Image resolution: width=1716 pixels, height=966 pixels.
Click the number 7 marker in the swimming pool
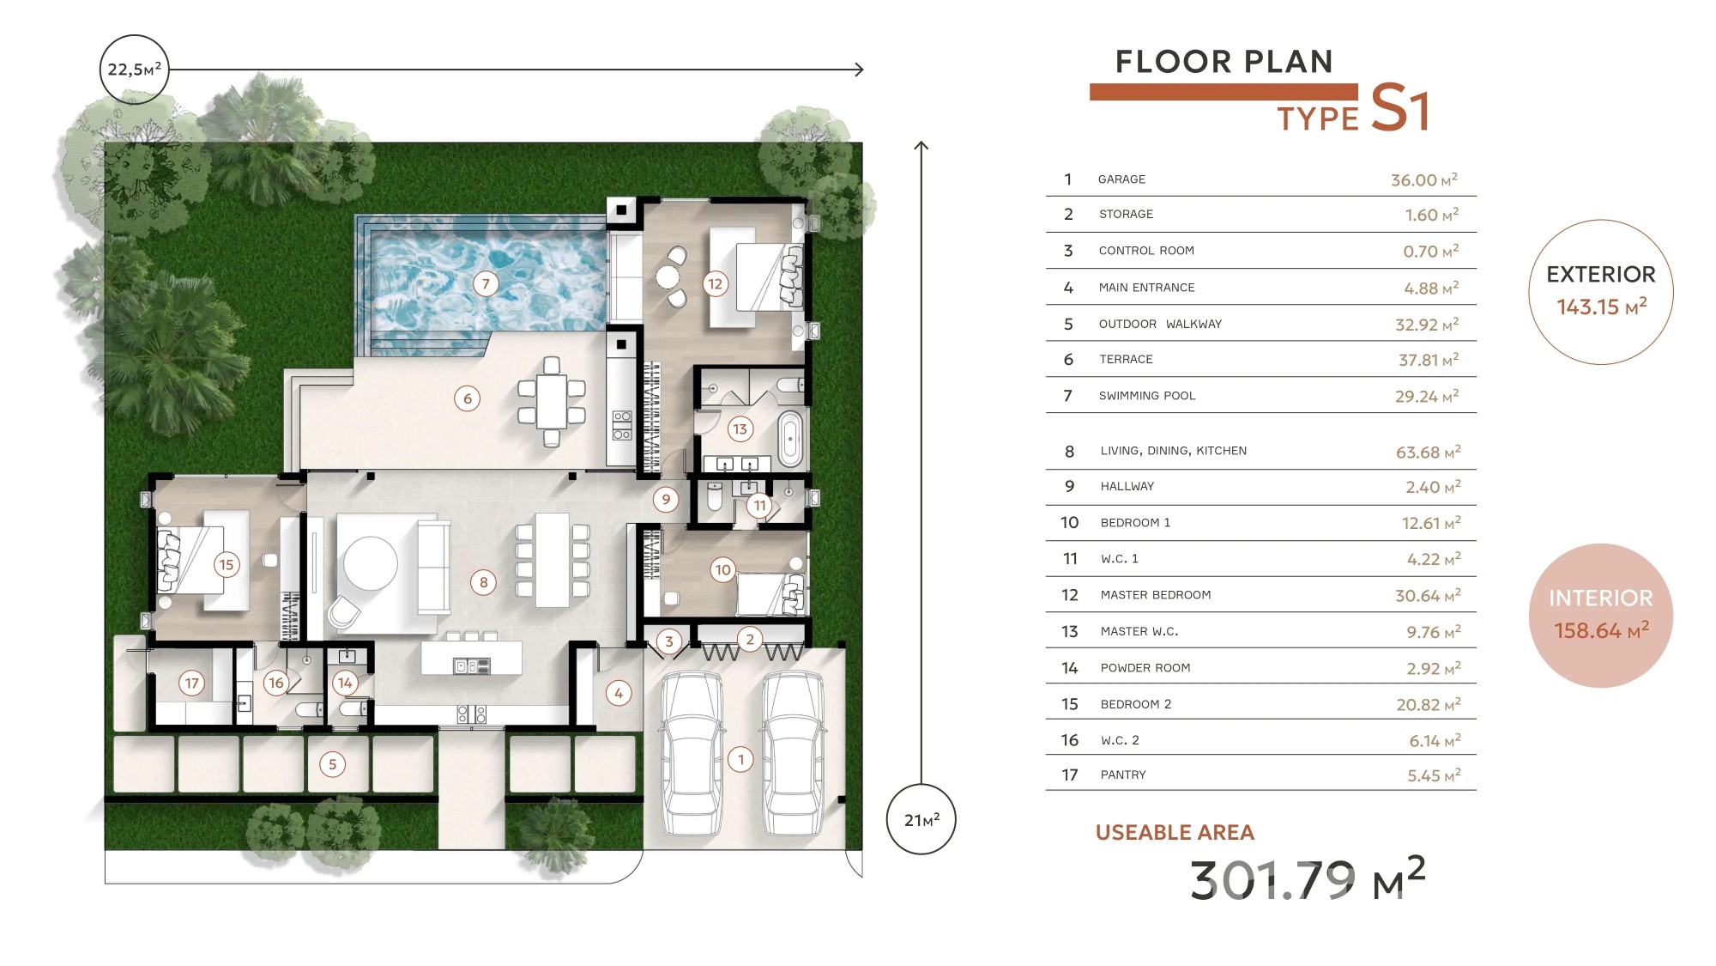coord(486,283)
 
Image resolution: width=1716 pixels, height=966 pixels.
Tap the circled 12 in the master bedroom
coord(715,283)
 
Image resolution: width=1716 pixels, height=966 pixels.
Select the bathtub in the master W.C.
coord(790,438)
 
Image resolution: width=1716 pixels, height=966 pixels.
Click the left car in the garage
coord(691,753)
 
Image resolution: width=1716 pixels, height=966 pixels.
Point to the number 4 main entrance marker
coord(619,693)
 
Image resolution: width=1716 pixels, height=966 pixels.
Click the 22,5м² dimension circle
coord(135,70)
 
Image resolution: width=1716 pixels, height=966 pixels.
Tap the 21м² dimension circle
coord(921,819)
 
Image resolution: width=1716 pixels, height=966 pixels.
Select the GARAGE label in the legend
coord(1121,179)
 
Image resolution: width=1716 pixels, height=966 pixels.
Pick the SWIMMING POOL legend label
coord(1147,396)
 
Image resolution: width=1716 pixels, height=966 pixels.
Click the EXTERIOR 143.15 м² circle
coord(1601,292)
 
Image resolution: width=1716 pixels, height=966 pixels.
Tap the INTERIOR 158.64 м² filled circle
coord(1601,616)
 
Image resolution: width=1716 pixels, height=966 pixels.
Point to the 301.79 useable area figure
coord(1272,880)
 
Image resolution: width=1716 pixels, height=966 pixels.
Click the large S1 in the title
coord(1400,108)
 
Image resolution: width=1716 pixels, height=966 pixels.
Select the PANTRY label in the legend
coord(1123,775)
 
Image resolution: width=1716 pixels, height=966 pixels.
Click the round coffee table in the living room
coord(371,563)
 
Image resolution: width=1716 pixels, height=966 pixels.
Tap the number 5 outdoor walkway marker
coord(333,764)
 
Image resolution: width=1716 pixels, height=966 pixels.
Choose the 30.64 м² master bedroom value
coord(1428,595)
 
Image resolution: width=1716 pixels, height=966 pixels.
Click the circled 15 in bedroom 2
coord(226,564)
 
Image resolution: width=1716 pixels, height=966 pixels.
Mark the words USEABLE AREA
coord(1175,832)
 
